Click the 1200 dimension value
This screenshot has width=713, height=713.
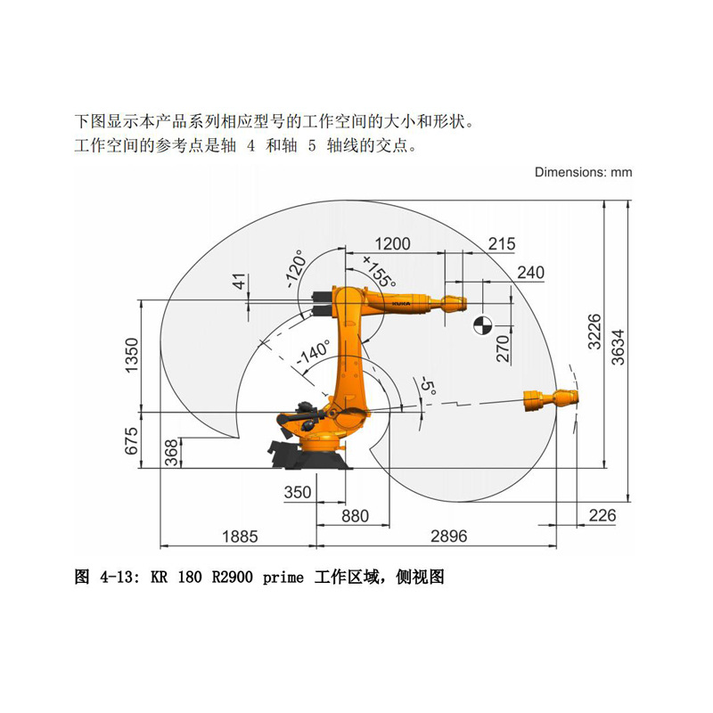click(x=392, y=244)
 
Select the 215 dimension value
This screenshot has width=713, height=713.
click(x=502, y=244)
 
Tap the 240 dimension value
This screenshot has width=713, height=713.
click(x=530, y=273)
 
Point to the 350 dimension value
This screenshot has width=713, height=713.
click(x=297, y=492)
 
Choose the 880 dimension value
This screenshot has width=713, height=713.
click(x=354, y=514)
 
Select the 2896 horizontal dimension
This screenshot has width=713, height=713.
click(x=448, y=536)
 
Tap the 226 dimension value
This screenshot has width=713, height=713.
click(x=603, y=514)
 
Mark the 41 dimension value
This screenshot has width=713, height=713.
click(x=237, y=283)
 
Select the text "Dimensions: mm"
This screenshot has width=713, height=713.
click(x=583, y=172)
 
